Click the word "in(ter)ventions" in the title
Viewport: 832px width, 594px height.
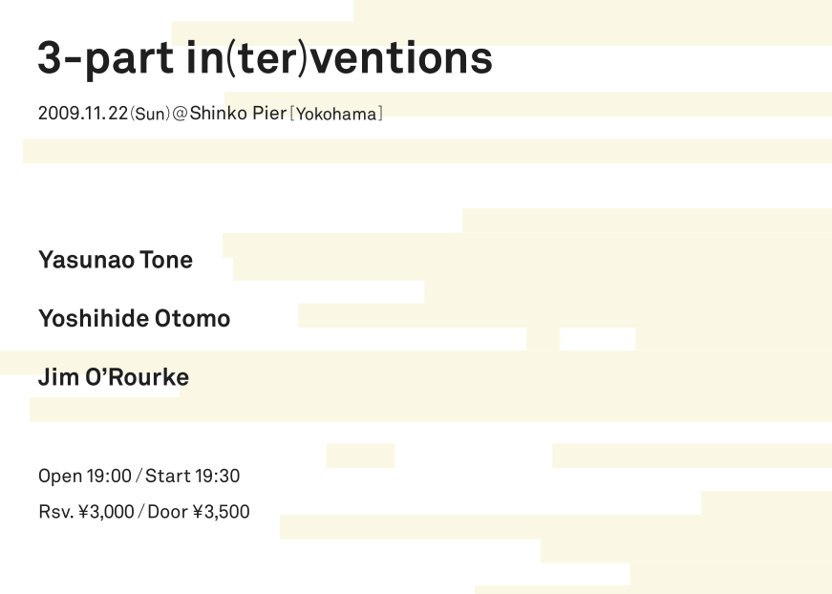tap(340, 58)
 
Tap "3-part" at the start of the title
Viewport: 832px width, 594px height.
tap(105, 59)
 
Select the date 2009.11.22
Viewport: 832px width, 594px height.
tap(83, 113)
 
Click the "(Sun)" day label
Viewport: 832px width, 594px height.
tap(150, 114)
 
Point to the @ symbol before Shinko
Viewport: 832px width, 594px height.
tap(180, 114)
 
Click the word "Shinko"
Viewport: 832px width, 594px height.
tap(218, 113)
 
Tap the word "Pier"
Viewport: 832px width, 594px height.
tap(269, 113)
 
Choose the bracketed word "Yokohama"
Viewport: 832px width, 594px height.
tap(336, 114)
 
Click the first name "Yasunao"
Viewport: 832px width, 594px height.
tap(86, 260)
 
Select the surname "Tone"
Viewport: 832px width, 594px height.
tap(166, 260)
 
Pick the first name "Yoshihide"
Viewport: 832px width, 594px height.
tap(94, 318)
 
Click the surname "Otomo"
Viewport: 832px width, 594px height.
tap(192, 319)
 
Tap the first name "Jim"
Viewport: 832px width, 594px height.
tap(58, 377)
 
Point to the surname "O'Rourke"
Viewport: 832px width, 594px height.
tap(137, 377)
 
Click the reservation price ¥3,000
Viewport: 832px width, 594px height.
tap(106, 512)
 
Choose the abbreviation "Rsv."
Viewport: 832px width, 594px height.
tap(56, 512)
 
